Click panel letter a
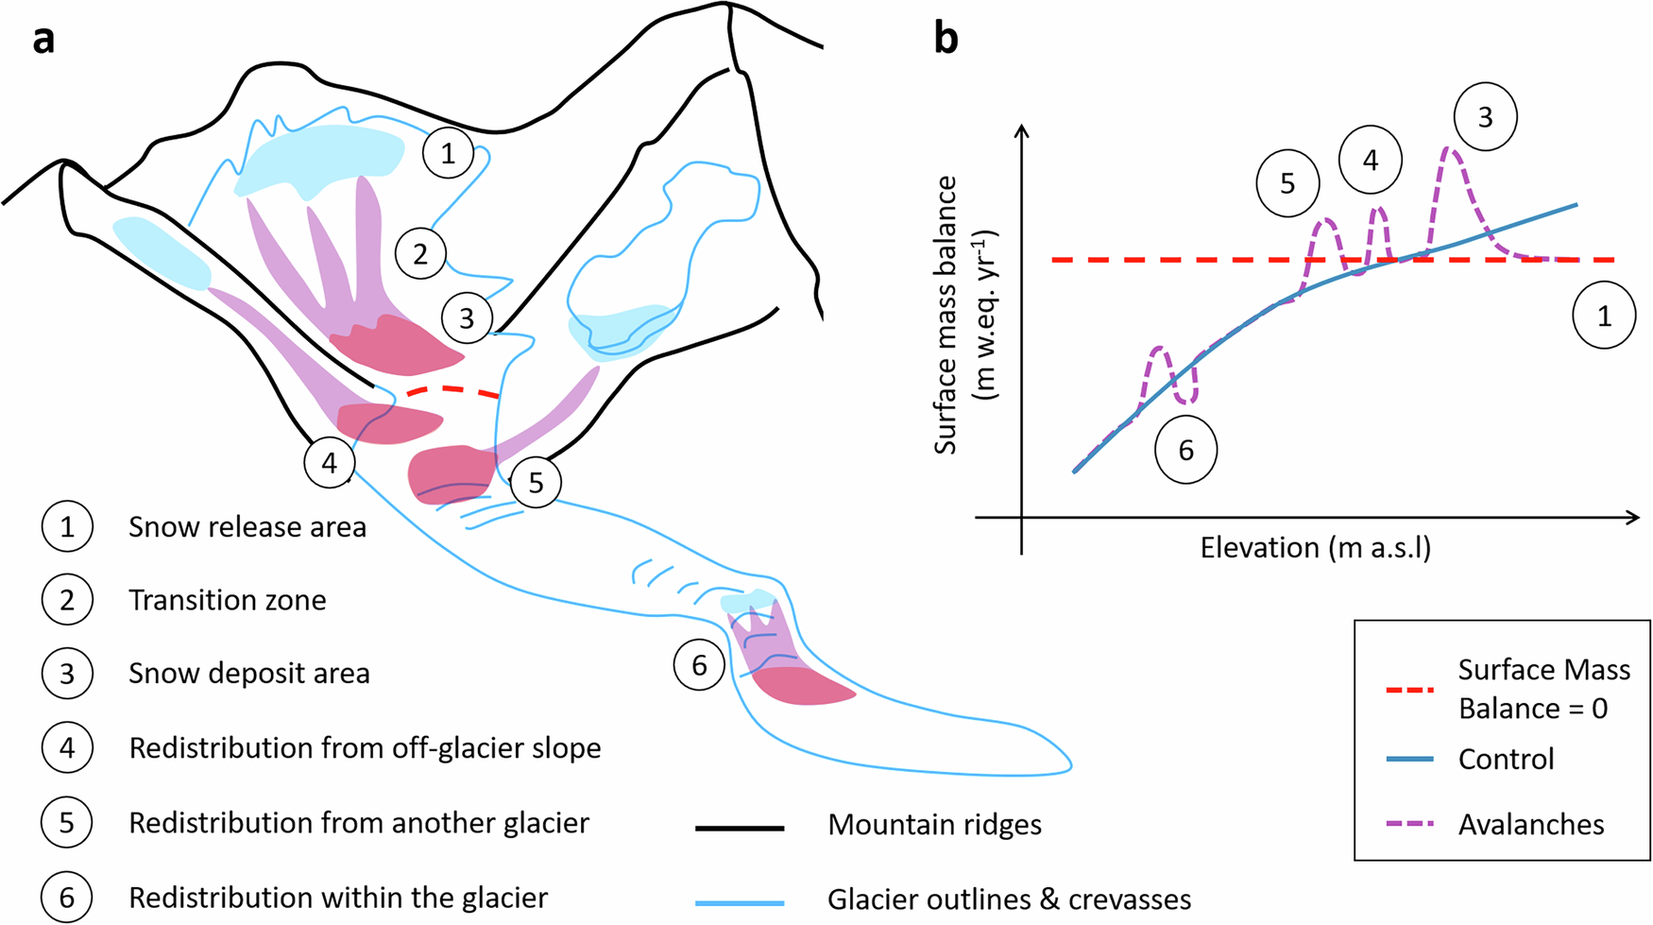(43, 41)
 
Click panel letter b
(946, 39)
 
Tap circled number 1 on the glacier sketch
(448, 153)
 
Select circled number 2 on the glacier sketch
(420, 253)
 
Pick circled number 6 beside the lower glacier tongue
(699, 665)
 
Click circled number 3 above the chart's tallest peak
(1485, 117)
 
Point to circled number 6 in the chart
(1185, 451)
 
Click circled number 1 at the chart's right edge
(1603, 317)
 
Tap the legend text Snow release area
(247, 527)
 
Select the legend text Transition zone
(228, 600)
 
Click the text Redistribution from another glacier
(359, 823)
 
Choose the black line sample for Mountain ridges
(740, 828)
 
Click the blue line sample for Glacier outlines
(740, 902)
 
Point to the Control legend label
(1506, 759)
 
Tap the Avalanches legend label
(1530, 824)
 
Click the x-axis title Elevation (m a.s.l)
(1315, 548)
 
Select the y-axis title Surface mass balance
(946, 315)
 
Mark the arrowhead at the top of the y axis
(1021, 130)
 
